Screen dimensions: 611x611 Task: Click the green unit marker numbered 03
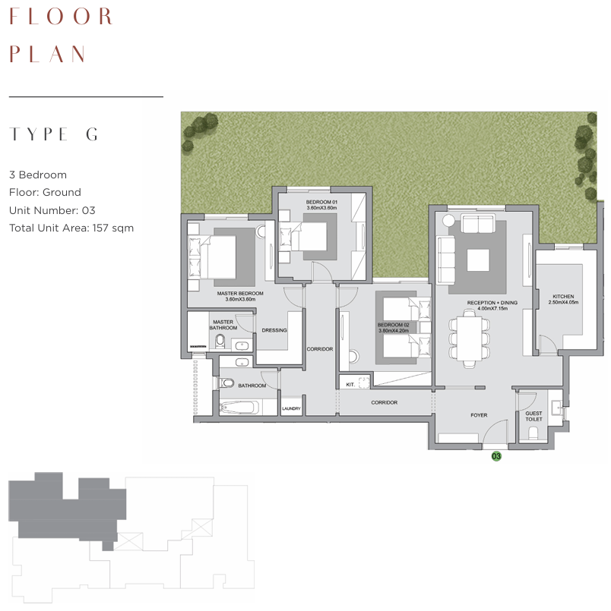tap(496, 456)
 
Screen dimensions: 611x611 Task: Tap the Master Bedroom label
tap(240, 294)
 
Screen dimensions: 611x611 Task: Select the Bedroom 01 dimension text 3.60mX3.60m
tap(321, 208)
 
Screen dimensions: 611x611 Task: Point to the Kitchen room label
tap(563, 297)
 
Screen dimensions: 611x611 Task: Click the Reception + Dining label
tap(492, 303)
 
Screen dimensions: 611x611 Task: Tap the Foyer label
tap(479, 415)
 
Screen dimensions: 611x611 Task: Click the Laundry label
tap(291, 409)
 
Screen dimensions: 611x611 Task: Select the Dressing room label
tap(274, 330)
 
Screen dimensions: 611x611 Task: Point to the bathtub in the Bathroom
tap(239, 408)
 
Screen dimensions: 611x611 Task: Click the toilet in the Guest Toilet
tap(533, 433)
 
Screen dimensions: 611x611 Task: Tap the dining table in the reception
tap(469, 339)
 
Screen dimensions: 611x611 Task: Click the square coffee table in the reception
tap(478, 260)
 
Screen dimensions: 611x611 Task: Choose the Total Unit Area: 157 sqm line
tap(71, 228)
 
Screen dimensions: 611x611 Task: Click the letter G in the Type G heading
tap(92, 134)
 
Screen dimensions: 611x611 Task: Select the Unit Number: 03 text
tap(52, 210)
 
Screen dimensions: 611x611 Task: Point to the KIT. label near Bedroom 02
tap(350, 385)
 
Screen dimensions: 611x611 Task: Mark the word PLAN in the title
tap(47, 54)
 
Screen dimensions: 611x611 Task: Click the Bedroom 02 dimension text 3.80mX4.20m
tap(394, 331)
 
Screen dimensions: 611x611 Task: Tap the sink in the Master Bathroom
tap(242, 345)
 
